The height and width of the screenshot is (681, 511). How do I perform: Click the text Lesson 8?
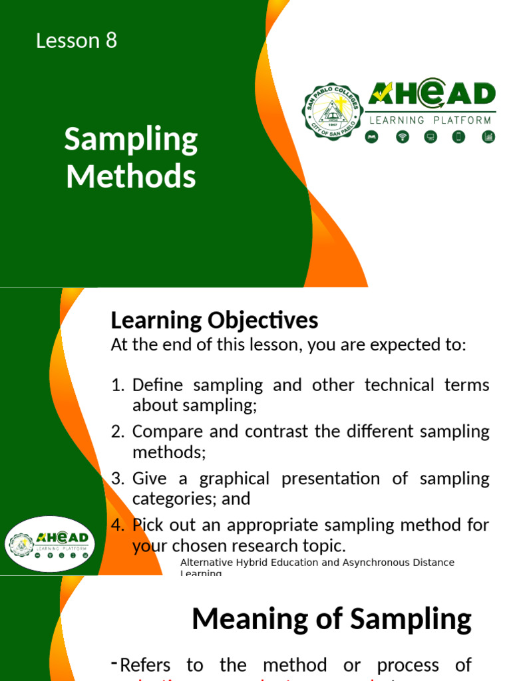point(77,41)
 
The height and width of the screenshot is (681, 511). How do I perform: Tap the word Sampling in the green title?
point(131,141)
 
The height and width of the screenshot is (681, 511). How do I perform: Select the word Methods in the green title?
point(131,177)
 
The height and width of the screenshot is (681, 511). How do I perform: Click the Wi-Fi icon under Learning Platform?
point(402,137)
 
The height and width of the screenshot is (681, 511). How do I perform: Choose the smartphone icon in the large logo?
point(458,137)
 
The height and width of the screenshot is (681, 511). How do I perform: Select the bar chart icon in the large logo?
point(488,137)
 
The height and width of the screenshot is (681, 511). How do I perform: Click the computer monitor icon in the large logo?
point(430,137)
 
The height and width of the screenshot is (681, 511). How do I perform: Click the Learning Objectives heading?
point(214,321)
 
